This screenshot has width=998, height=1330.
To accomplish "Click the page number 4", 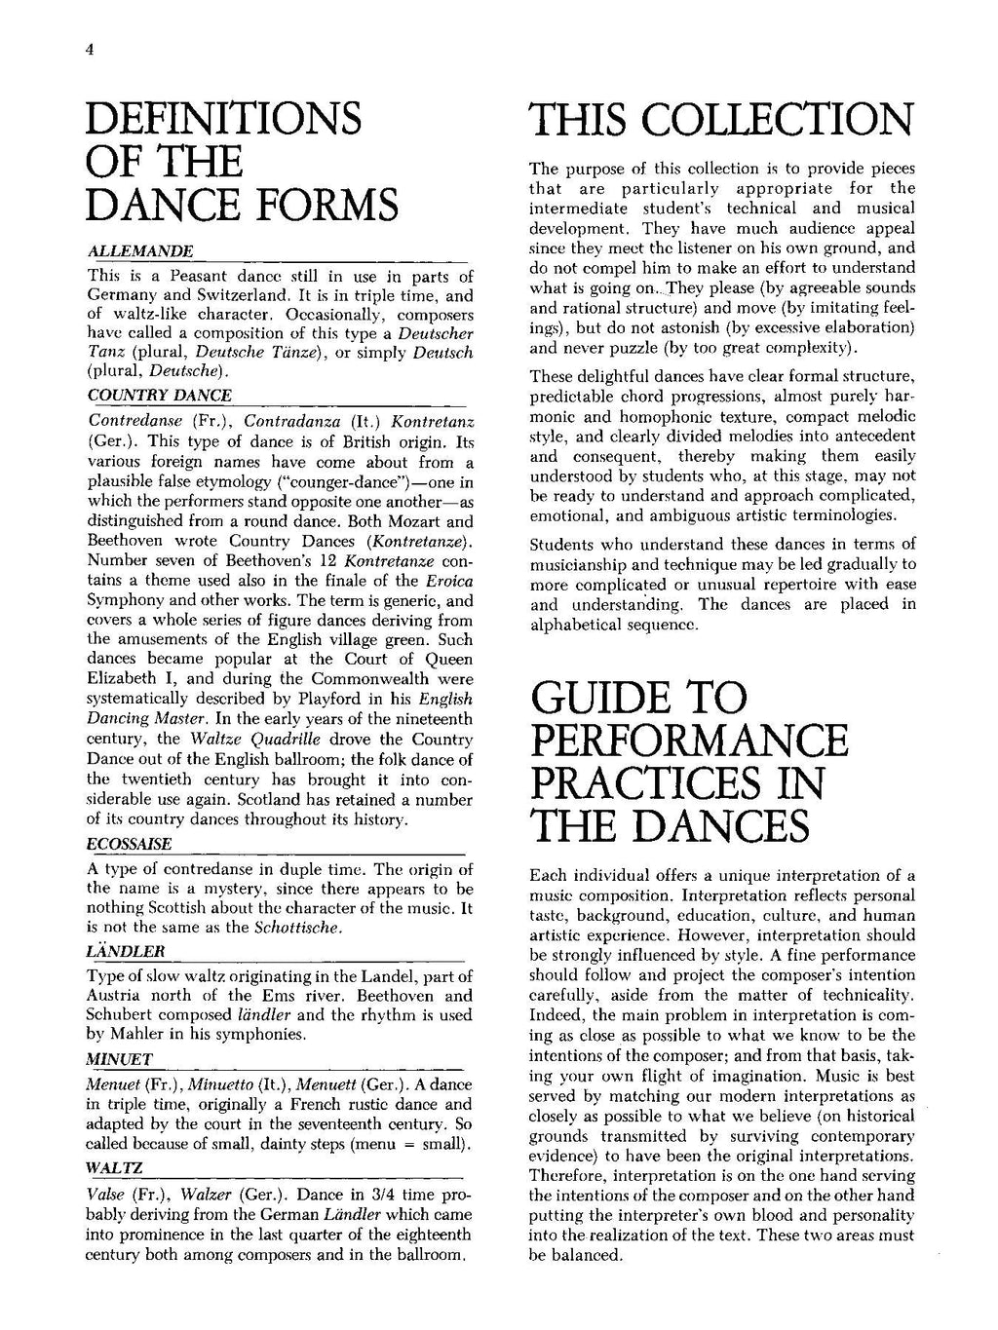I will coord(89,54).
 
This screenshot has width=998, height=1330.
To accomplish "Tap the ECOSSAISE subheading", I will coord(129,844).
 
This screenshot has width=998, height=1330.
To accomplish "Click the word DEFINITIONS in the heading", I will coord(223,120).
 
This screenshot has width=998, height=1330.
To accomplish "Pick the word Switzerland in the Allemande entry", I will coord(226,295).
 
